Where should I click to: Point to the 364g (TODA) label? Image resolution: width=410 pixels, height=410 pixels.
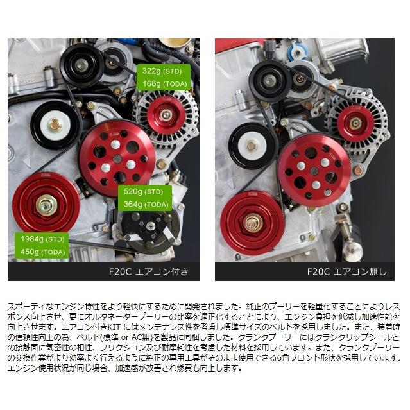click(x=144, y=205)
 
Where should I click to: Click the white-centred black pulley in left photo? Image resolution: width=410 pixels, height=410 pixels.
click(x=55, y=124)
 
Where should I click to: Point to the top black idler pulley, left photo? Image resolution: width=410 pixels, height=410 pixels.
click(x=81, y=64)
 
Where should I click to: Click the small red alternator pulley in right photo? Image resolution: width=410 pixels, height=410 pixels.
click(x=354, y=123)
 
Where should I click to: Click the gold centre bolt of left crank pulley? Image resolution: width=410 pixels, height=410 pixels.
click(x=46, y=205)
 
